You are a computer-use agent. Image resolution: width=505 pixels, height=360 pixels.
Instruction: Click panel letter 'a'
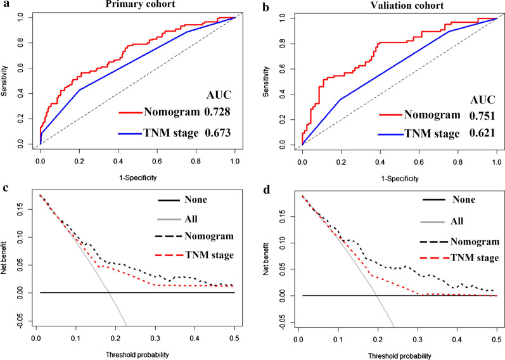point(5,6)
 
